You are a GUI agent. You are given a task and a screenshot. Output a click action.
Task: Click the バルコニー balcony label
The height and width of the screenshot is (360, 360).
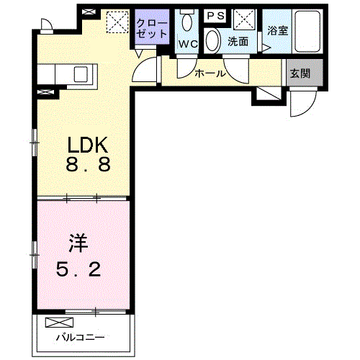click(81, 337)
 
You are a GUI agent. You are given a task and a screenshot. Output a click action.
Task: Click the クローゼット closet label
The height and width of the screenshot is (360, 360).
click(151, 28)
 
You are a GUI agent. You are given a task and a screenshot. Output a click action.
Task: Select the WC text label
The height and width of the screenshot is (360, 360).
click(188, 44)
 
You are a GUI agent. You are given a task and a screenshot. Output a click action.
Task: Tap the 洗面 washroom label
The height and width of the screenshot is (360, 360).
click(238, 42)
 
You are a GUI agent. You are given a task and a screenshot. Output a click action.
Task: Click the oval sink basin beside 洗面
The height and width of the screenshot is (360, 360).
click(213, 41)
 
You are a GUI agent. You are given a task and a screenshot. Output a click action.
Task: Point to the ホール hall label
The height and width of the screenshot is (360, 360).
click(210, 73)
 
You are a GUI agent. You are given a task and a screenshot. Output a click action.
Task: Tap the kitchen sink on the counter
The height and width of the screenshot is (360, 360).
click(79, 73)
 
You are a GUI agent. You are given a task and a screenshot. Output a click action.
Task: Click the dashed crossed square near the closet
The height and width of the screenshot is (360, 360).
click(116, 23)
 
